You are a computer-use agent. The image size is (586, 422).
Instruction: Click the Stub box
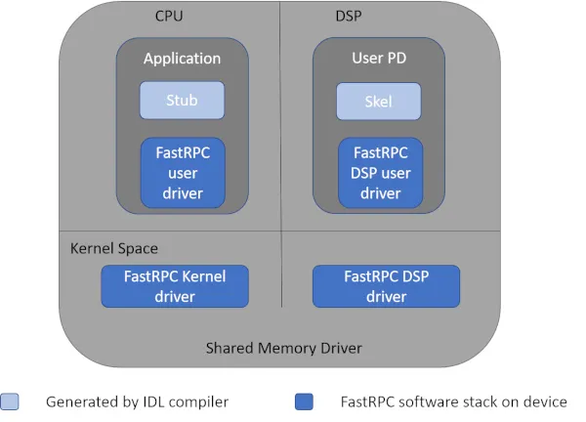(x=182, y=100)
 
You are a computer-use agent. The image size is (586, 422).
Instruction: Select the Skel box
(x=379, y=102)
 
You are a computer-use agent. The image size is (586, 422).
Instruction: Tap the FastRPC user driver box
(x=182, y=173)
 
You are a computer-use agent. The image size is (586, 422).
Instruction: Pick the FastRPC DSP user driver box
(x=379, y=173)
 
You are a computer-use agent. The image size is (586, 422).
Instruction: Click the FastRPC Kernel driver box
(x=175, y=286)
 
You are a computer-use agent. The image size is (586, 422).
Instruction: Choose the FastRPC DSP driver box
(x=386, y=286)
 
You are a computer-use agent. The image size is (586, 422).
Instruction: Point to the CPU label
(x=169, y=17)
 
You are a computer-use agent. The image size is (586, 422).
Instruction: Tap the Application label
(x=182, y=59)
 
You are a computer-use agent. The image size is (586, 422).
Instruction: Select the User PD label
(x=379, y=59)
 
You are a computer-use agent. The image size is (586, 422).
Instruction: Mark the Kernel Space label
(x=114, y=248)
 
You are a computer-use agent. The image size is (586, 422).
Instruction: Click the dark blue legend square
(x=303, y=401)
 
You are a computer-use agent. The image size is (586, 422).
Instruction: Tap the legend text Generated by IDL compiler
(x=137, y=401)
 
